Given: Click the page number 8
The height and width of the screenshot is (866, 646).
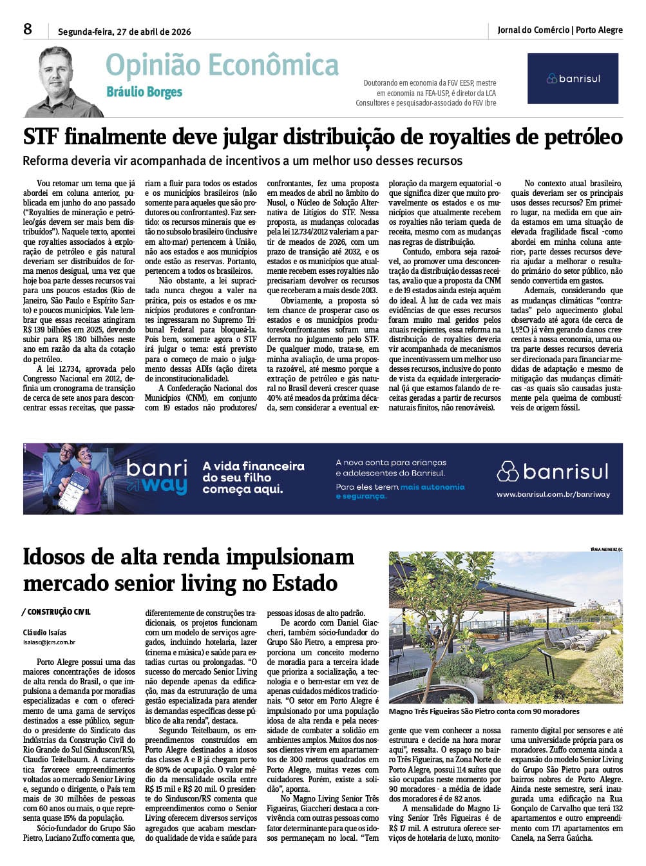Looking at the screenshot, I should [28, 29].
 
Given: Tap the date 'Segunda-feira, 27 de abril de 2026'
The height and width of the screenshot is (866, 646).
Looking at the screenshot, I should [124, 32].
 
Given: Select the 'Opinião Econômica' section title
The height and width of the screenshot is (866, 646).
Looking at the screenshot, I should [222, 65].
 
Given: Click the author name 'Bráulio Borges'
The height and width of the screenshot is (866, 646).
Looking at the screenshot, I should [144, 92].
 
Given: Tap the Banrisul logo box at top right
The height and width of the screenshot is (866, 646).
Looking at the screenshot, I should [573, 78].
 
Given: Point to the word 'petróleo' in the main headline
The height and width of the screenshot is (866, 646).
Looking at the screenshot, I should [580, 137].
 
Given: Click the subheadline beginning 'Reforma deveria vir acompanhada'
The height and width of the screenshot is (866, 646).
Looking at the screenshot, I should [242, 160].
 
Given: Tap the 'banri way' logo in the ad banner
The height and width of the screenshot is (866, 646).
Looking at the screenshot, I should [157, 477].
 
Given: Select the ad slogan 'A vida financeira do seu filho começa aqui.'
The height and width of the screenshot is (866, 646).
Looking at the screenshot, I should [253, 477].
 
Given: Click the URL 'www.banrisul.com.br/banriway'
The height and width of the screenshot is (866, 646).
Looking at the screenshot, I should [553, 494].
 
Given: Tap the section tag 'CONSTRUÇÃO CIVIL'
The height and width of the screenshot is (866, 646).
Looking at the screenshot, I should [58, 611].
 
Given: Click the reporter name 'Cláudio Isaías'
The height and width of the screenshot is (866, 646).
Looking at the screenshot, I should [44, 632].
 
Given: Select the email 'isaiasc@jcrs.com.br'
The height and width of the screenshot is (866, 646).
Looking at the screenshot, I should [49, 642].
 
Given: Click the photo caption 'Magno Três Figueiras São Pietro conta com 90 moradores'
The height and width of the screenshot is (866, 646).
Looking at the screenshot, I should [484, 711].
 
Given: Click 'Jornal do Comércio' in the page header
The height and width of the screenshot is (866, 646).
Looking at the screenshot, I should [533, 30].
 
